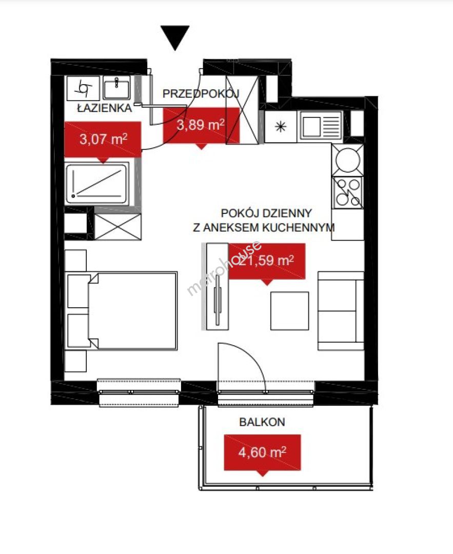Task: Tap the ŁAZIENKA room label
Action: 105,108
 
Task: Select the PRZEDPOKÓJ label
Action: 201,94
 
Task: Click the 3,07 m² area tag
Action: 103,140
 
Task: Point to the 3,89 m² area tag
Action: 201,126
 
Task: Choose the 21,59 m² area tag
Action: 267,262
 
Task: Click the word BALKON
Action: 262,422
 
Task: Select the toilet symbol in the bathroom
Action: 84,88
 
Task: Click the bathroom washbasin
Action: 117,88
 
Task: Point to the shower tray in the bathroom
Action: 97,184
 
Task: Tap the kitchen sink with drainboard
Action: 321,125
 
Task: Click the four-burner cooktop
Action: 348,192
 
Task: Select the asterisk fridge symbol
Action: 281,127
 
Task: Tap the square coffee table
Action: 290,311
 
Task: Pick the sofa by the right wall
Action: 341,311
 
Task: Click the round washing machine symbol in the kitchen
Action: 348,160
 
